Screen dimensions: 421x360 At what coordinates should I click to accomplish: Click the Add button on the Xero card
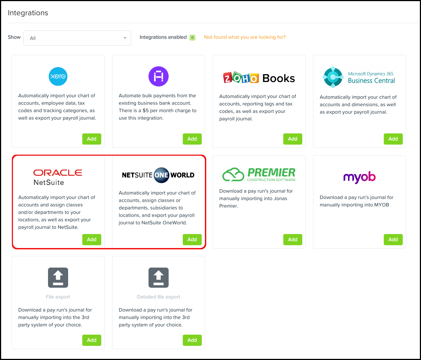pyautogui.click(x=92, y=139)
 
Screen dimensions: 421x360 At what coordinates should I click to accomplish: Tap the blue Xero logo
pyautogui.click(x=58, y=76)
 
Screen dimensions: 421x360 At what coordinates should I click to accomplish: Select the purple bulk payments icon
pyautogui.click(x=159, y=76)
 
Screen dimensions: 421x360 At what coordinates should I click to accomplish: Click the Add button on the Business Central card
pyautogui.click(x=393, y=139)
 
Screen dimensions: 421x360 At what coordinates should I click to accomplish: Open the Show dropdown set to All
pyautogui.click(x=77, y=38)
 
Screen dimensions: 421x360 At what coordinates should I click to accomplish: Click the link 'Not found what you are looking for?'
pyautogui.click(x=245, y=37)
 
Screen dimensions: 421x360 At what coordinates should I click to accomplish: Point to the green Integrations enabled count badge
pyautogui.click(x=192, y=37)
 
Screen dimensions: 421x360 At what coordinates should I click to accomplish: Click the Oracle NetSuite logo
pyautogui.click(x=58, y=177)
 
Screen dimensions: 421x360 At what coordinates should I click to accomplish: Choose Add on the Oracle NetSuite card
pyautogui.click(x=92, y=239)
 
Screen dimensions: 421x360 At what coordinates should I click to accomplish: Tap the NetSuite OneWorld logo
pyautogui.click(x=158, y=175)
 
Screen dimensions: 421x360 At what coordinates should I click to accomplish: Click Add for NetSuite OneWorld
pyautogui.click(x=192, y=239)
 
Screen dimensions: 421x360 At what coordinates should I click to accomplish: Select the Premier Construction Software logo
pyautogui.click(x=259, y=174)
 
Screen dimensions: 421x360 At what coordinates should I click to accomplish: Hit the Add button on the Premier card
pyautogui.click(x=293, y=239)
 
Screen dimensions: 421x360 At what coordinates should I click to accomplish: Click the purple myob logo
pyautogui.click(x=359, y=177)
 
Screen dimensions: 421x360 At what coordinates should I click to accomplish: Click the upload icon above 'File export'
pyautogui.click(x=58, y=278)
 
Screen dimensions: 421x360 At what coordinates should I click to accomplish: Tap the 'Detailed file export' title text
pyautogui.click(x=159, y=297)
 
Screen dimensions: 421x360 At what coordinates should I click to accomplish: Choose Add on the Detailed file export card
pyautogui.click(x=192, y=340)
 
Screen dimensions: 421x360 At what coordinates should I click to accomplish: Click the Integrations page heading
pyautogui.click(x=28, y=13)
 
